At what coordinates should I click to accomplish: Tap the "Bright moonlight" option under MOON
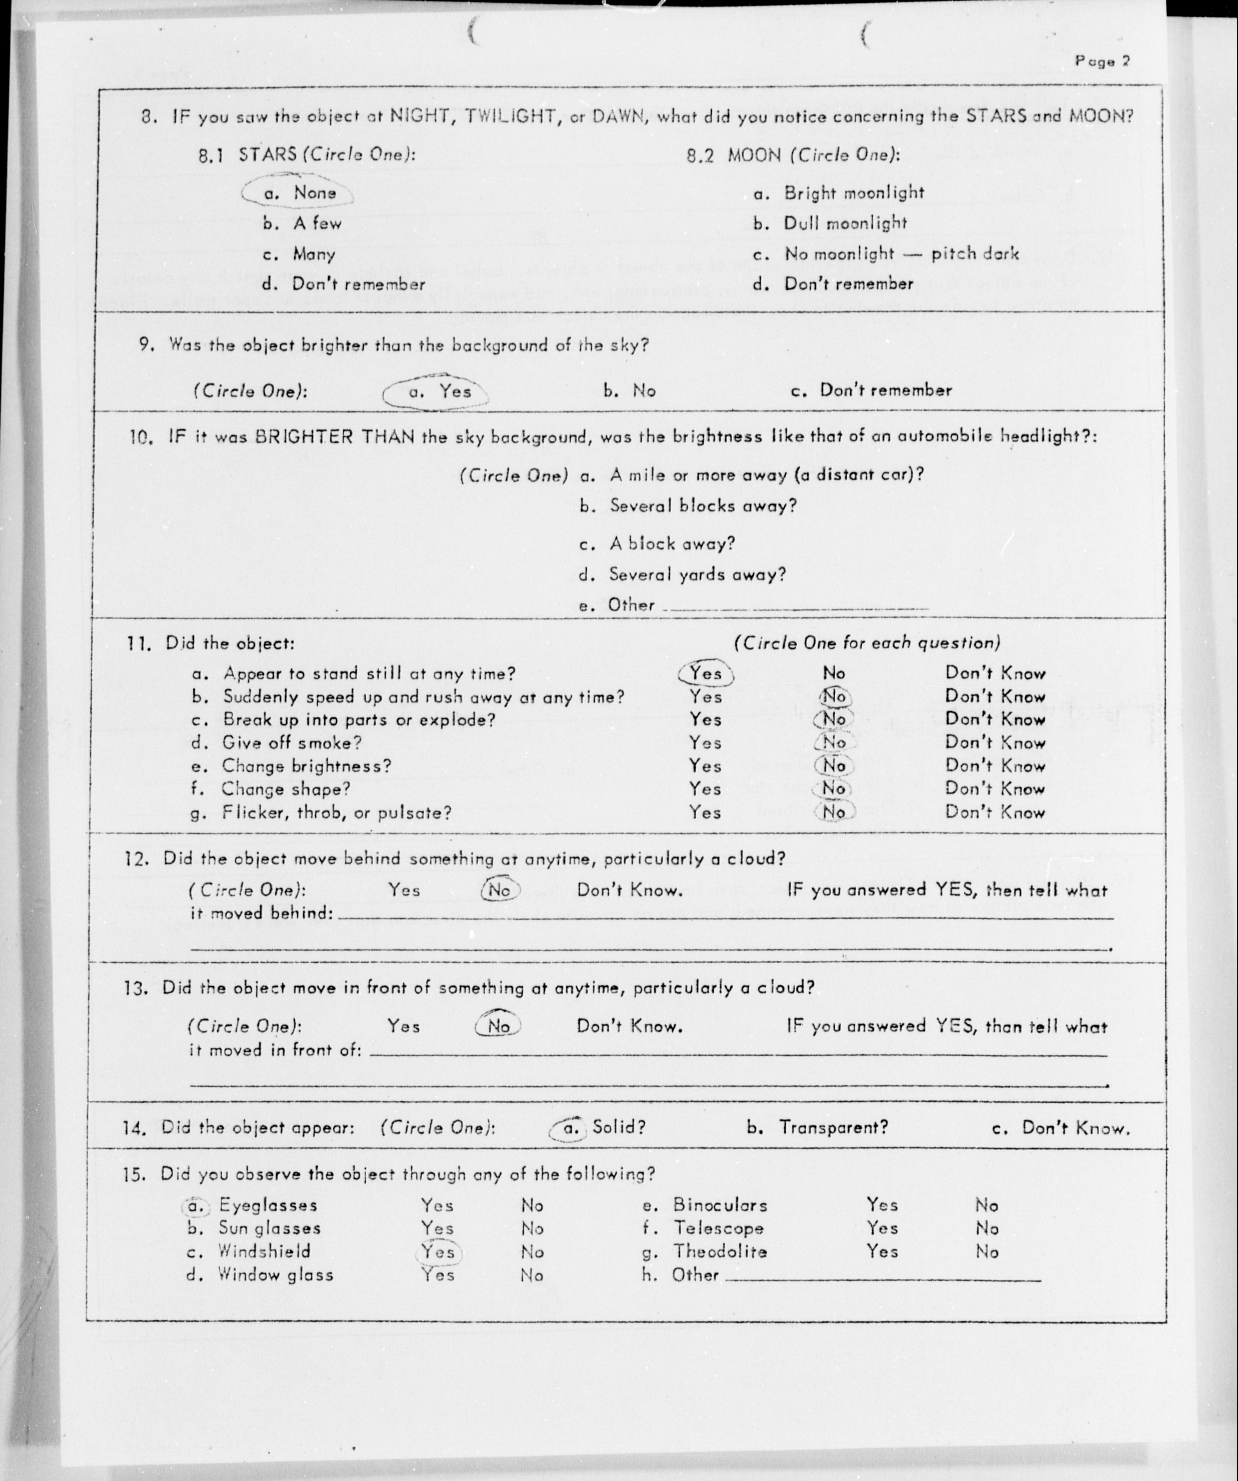(853, 192)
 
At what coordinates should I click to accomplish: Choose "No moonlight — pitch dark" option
(901, 254)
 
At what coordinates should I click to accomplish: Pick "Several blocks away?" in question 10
(702, 506)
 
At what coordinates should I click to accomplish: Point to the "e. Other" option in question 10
(617, 605)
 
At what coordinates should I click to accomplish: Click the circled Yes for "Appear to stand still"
(706, 674)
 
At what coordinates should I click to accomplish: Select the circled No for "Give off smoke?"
(834, 742)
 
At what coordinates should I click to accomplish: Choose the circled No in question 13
(498, 1026)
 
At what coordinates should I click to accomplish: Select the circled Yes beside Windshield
(438, 1252)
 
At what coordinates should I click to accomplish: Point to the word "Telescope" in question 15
(718, 1229)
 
